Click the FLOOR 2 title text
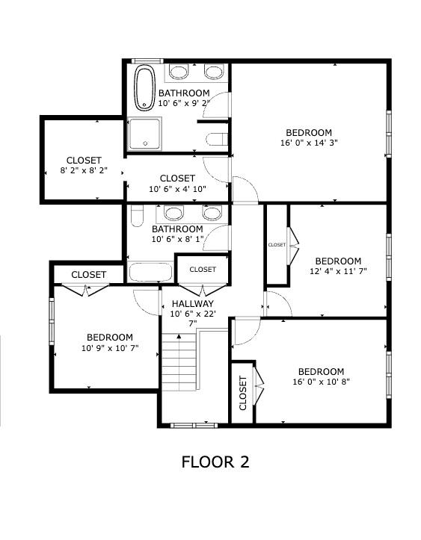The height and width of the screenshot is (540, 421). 215,462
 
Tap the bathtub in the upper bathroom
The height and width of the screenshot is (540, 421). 144,88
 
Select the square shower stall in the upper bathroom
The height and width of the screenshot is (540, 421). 145,134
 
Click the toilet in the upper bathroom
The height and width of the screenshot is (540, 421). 217,139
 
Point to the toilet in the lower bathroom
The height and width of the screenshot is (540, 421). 138,216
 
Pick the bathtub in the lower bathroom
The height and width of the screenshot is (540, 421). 150,273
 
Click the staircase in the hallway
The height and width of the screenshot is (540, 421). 179,361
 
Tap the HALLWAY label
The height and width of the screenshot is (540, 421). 193,303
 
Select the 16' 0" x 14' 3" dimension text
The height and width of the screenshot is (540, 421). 309,143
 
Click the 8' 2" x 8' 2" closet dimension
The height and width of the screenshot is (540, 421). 84,170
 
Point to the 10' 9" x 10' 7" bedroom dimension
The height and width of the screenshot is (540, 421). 110,348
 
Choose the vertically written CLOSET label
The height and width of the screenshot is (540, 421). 243,393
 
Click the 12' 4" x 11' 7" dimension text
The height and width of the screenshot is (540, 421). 338,271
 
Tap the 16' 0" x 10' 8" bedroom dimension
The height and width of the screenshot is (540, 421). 322,382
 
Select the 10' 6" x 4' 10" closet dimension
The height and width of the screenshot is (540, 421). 177,189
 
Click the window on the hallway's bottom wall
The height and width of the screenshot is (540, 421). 194,426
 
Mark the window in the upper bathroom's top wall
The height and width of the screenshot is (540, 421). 147,61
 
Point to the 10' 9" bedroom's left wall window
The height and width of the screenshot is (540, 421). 52,321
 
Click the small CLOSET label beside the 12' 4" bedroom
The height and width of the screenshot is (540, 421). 277,245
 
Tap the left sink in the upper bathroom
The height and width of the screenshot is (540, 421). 179,72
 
